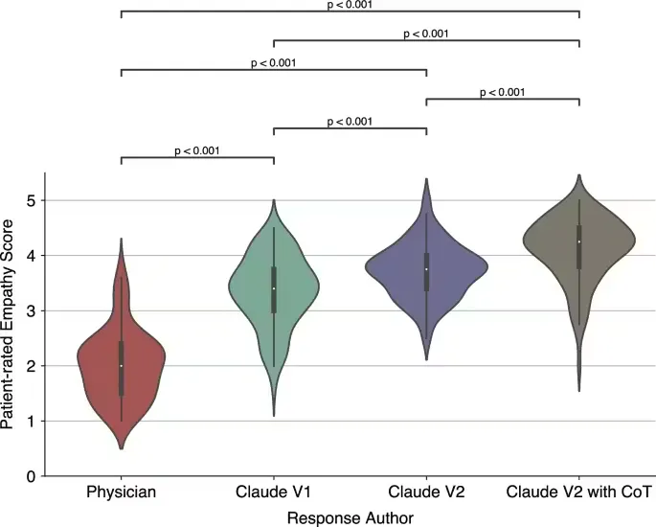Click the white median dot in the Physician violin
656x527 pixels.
(x=122, y=366)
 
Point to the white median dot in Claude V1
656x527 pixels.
(x=274, y=288)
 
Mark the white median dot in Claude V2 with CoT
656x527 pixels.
(x=579, y=241)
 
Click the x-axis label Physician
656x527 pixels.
(x=121, y=492)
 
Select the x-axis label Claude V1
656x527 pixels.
(x=273, y=492)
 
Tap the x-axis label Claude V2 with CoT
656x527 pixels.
(x=579, y=492)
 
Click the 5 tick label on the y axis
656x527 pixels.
(x=31, y=201)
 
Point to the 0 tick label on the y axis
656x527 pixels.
(x=31, y=476)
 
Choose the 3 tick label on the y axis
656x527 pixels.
(x=31, y=311)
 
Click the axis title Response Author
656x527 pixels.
(x=351, y=518)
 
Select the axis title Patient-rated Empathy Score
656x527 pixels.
(x=7, y=324)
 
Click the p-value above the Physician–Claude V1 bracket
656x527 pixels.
(x=196, y=150)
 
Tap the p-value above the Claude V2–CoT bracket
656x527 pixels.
(x=502, y=92)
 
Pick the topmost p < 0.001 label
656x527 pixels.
(x=350, y=5)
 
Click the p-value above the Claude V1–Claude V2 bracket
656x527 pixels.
(x=350, y=122)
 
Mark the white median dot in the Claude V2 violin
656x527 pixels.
(x=426, y=269)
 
